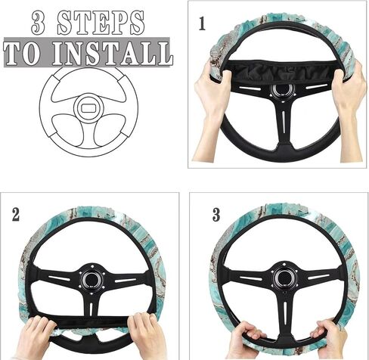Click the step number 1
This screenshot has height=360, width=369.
tap(202, 23)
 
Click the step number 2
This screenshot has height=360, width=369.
tap(16, 215)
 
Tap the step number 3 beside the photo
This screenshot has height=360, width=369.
tap(216, 215)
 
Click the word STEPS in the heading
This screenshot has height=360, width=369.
tap(101, 23)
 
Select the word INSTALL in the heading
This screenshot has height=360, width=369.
tap(113, 54)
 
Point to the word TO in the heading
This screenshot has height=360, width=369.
tap(22, 54)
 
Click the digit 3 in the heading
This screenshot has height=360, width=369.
tap(39, 23)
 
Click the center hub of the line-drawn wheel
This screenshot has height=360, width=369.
tap(88, 107)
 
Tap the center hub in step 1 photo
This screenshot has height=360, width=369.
tap(282, 91)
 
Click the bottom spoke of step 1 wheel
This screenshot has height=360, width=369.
tap(284, 126)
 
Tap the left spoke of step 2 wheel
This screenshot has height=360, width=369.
tap(58, 278)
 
